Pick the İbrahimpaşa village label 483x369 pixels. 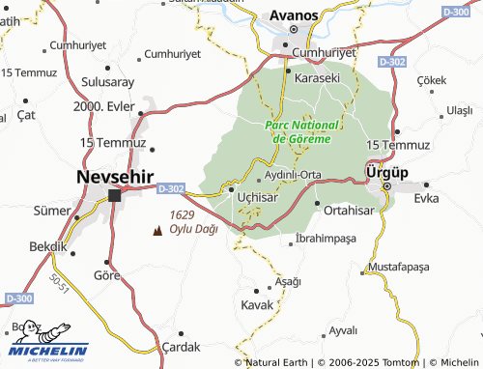[x=326, y=238]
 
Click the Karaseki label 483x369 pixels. [x=317, y=76]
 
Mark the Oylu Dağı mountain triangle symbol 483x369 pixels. [x=158, y=230]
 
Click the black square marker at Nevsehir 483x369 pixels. [x=115, y=195]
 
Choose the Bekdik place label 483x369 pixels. [x=45, y=246]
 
